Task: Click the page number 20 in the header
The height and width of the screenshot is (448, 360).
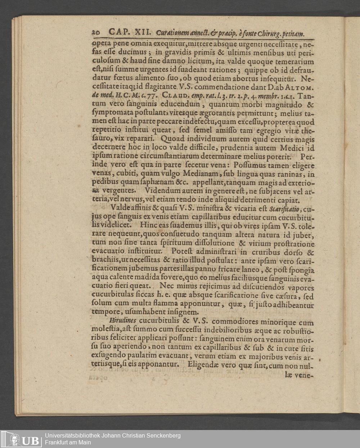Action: click(x=96, y=33)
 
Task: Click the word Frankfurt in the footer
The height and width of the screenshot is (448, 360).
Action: click(x=58, y=443)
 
